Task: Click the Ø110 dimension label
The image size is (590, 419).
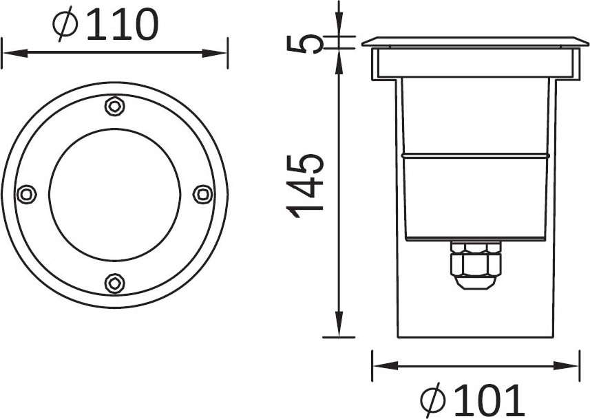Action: coord(106,25)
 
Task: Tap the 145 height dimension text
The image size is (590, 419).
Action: coord(305,186)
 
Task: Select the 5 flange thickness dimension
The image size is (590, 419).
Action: coord(305,43)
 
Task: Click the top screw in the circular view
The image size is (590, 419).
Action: coord(114,107)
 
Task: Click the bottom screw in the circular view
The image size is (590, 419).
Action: coord(114,283)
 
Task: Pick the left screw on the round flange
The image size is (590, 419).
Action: coord(27,195)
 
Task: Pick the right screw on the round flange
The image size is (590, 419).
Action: coord(203,195)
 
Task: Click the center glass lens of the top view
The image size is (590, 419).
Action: coord(115,195)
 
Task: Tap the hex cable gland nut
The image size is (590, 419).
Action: coord(476,264)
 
